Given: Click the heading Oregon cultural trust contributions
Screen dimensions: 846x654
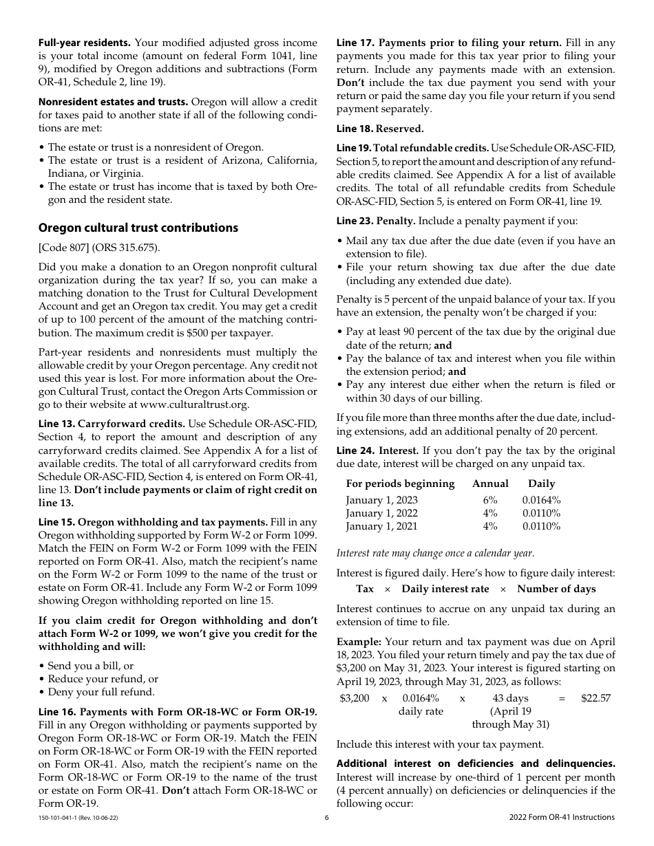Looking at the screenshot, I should click(x=138, y=228).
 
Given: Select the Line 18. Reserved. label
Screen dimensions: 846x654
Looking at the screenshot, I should click(x=380, y=129).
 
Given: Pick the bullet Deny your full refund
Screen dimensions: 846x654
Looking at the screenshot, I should click(x=101, y=692).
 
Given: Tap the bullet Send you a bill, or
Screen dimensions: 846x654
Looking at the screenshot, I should click(x=91, y=666).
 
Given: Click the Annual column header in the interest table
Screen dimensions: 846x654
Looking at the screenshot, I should click(x=490, y=484).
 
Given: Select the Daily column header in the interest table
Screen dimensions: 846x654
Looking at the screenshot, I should click(x=541, y=484).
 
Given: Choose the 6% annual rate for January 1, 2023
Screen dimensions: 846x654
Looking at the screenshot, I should click(x=490, y=500).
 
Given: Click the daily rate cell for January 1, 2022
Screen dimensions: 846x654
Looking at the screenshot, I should click(x=541, y=513).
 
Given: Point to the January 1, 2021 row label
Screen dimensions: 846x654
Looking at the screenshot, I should click(x=381, y=526).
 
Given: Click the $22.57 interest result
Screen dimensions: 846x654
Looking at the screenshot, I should click(x=595, y=698).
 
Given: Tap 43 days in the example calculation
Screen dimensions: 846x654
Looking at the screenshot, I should click(x=510, y=698).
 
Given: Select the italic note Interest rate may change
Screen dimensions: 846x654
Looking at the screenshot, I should click(x=434, y=553).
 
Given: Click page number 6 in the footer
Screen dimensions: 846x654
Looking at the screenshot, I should click(x=327, y=817).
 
